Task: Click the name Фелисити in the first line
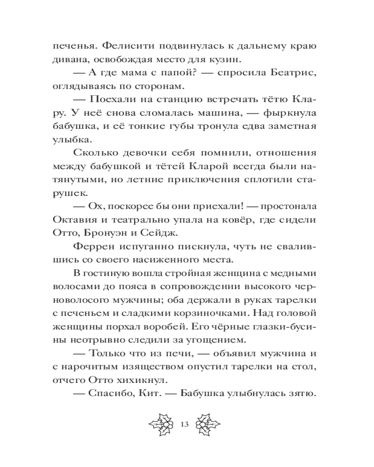[125, 47]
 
